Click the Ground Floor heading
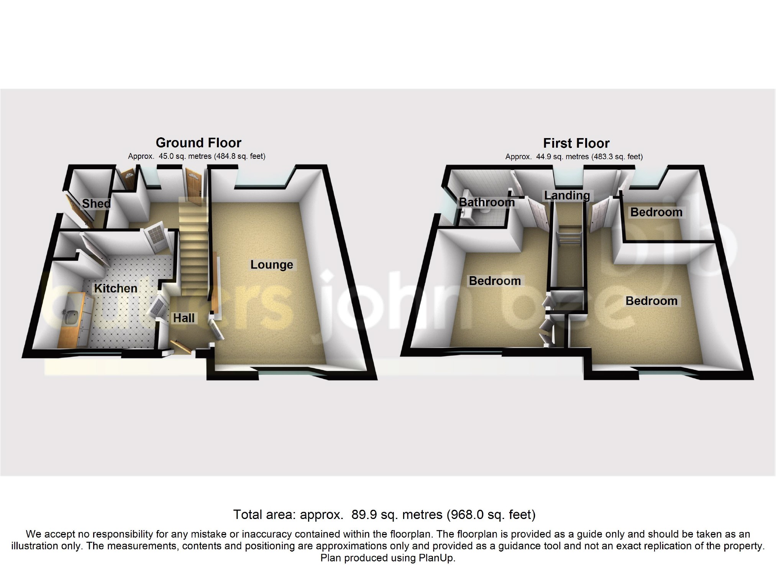(199, 143)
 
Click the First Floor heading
(576, 143)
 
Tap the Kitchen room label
(116, 288)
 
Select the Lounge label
(272, 264)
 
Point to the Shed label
(96, 203)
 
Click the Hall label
(184, 318)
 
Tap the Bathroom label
(487, 202)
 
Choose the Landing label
(567, 195)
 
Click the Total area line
(384, 514)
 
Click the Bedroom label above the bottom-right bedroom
(656, 212)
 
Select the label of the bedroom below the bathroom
(495, 281)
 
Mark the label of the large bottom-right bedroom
(651, 301)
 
